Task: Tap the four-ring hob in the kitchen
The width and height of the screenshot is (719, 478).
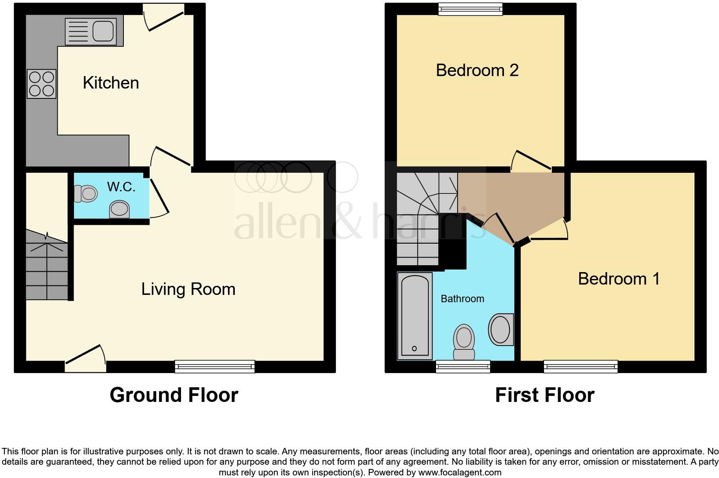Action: click(42, 84)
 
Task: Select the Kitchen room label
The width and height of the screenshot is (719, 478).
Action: click(111, 83)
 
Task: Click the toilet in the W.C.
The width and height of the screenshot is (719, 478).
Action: click(85, 193)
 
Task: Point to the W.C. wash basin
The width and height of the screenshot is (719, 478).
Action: click(120, 210)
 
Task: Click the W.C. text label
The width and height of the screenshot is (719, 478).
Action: click(121, 187)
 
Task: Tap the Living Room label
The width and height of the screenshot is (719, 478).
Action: click(188, 289)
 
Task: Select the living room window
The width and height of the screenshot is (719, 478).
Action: click(215, 366)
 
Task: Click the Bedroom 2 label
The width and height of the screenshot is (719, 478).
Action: click(477, 70)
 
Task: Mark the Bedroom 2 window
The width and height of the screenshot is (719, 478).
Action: click(470, 9)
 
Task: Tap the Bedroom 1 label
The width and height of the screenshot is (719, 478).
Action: click(618, 279)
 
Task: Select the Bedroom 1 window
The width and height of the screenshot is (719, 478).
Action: click(581, 367)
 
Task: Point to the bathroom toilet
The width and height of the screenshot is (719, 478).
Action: click(464, 342)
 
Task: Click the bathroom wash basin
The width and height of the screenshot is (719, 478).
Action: click(500, 330)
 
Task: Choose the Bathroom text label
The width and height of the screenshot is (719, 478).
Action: click(462, 299)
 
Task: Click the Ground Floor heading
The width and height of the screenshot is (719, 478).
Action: click(174, 395)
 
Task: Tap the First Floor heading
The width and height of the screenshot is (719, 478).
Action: click(544, 395)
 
